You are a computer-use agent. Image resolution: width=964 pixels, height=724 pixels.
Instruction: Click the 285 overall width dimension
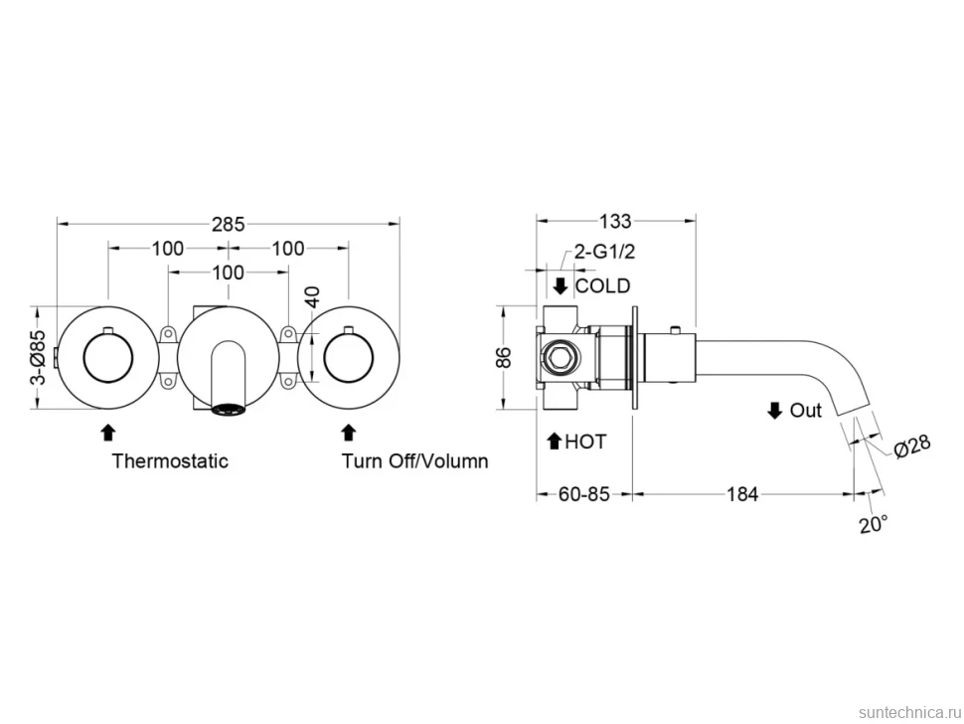[229, 225]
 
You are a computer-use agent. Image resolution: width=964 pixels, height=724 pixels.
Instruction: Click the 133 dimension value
[615, 221]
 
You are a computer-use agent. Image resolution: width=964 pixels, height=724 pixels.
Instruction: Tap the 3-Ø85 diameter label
[38, 357]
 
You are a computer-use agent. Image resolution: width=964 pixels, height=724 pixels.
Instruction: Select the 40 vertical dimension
[312, 297]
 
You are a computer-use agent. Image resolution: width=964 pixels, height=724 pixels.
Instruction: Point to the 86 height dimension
[504, 357]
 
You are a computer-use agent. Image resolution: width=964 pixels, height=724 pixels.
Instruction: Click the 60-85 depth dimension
[584, 494]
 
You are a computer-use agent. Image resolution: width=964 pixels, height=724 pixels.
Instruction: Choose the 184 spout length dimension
[742, 494]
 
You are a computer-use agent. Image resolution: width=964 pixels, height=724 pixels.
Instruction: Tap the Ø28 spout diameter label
[912, 446]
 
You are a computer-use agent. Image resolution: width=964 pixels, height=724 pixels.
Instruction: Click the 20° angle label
[874, 525]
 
